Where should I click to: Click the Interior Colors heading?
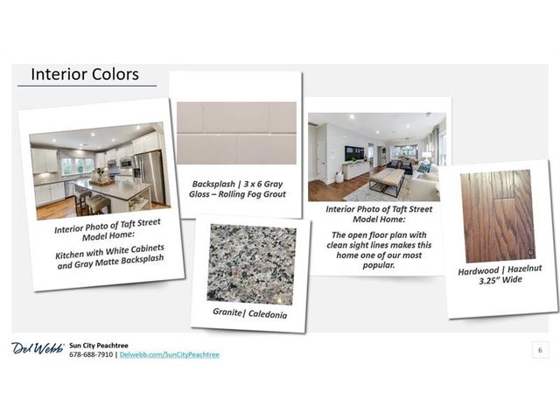(x=85, y=74)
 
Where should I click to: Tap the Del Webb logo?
(x=38, y=348)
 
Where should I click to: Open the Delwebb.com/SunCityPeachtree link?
(x=170, y=354)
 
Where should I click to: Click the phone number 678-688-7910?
(x=91, y=354)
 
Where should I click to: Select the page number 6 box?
(x=540, y=350)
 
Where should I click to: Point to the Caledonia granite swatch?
(x=252, y=264)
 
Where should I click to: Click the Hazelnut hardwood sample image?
(x=498, y=216)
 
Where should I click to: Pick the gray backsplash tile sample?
(x=236, y=133)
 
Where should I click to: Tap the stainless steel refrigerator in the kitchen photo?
(x=150, y=177)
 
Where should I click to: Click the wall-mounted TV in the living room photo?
(x=353, y=153)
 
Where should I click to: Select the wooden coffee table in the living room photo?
(x=388, y=181)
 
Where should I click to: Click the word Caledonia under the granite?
(x=268, y=314)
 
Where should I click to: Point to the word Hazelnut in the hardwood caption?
(x=525, y=269)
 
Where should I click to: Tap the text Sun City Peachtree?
(x=99, y=346)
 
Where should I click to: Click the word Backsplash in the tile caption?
(x=213, y=184)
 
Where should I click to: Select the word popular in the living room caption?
(x=379, y=265)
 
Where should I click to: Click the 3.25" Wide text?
(x=500, y=280)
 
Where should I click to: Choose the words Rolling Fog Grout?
(x=252, y=194)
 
